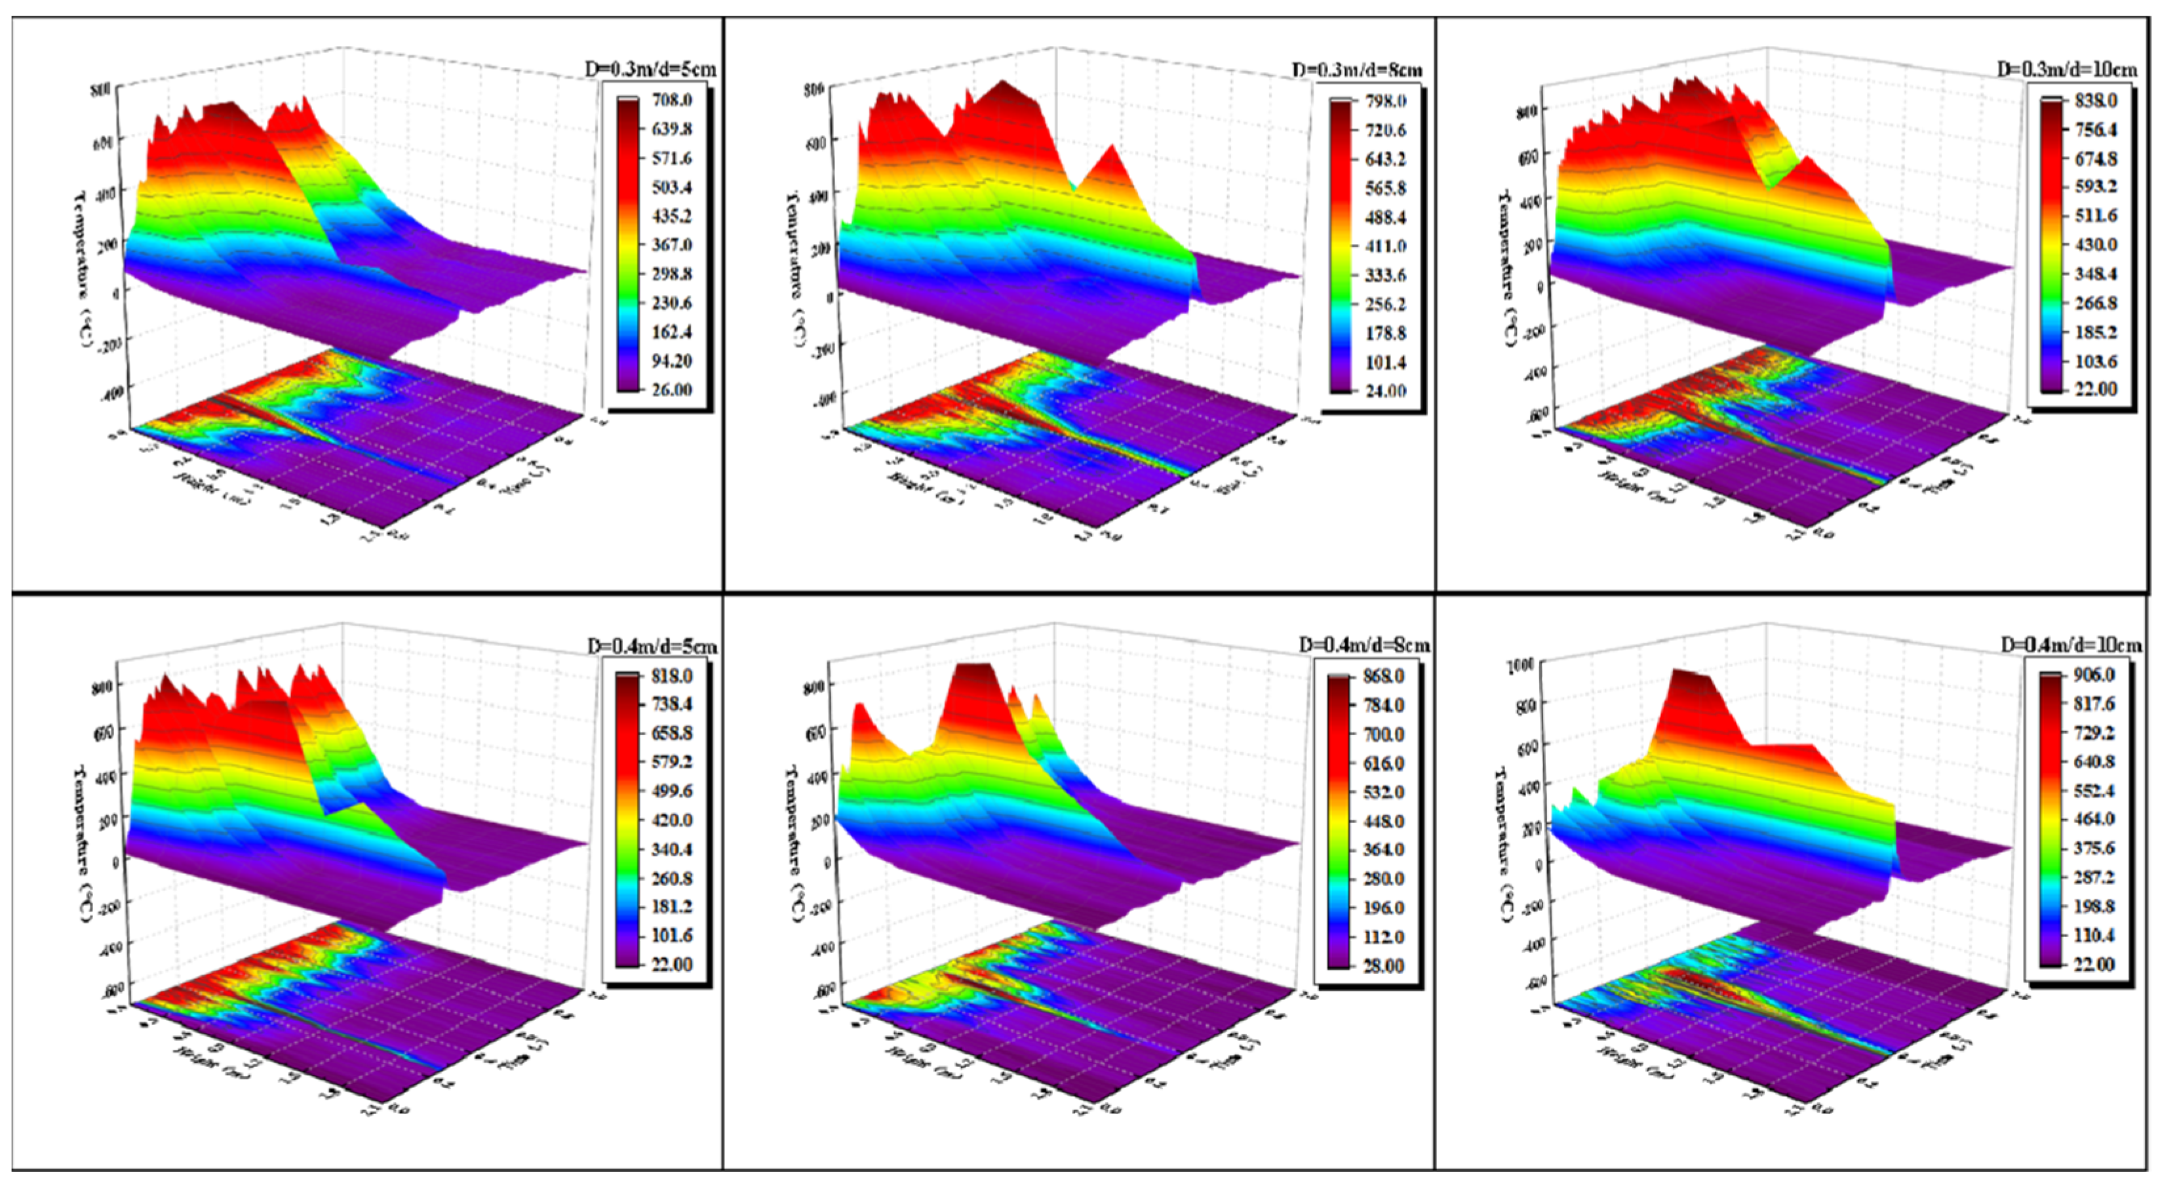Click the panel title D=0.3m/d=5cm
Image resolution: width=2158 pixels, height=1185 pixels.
[x=650, y=70]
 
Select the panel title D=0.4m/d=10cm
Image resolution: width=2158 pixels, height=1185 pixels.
[x=2071, y=645]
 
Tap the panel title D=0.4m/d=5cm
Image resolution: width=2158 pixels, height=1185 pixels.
[x=651, y=646]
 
